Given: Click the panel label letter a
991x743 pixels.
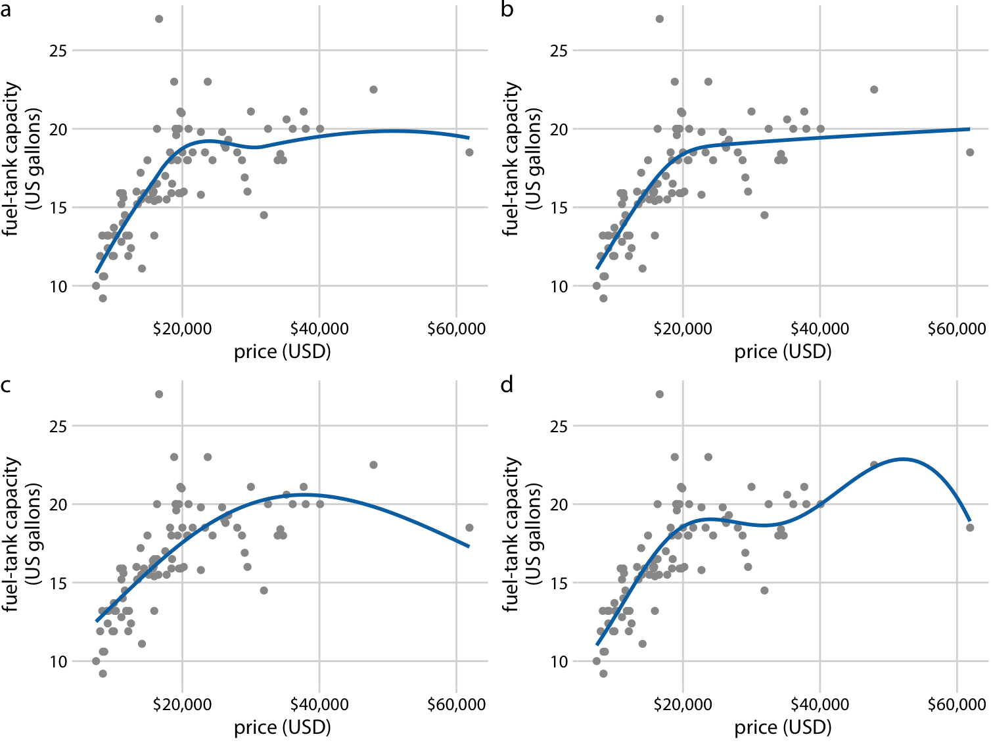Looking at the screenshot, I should [6, 10].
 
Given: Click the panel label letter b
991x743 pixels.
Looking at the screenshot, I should [507, 10].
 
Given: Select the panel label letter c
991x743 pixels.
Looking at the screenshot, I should [6, 385].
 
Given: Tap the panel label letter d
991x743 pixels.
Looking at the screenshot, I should [507, 385].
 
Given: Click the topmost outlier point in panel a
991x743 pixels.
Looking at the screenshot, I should [159, 19].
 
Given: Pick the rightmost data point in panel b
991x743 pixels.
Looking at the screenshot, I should [970, 152].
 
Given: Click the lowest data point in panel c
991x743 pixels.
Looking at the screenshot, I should [103, 673].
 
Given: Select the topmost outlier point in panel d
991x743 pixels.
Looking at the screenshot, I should [660, 394].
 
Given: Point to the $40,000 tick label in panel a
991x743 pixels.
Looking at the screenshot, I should [319, 328].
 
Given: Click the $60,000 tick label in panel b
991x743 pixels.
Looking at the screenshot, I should [957, 328].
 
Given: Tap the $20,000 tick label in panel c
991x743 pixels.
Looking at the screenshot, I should [182, 704].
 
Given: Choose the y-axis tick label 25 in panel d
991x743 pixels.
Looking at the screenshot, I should [559, 426].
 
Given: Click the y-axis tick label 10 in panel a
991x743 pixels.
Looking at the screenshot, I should [58, 286].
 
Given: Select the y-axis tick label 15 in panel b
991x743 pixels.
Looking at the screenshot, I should [559, 208].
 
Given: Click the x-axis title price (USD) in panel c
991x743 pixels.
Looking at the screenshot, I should [283, 727].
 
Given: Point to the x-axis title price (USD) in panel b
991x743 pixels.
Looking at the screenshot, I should [783, 352].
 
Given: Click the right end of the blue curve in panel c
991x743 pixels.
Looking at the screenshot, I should [469, 547].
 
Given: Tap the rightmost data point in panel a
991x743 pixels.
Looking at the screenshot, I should [469, 152].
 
